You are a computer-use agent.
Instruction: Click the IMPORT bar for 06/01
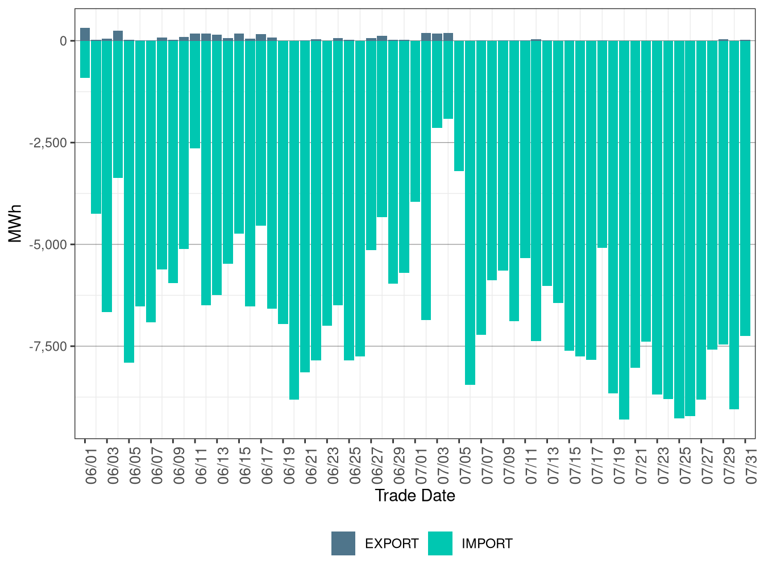(x=85, y=59)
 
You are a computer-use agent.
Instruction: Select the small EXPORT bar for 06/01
(x=85, y=34)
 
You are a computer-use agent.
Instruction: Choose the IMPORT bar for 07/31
(x=745, y=188)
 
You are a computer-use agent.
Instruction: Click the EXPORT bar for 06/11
(x=195, y=37)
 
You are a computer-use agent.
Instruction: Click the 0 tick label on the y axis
(x=63, y=41)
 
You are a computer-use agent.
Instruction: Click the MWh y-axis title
(x=15, y=223)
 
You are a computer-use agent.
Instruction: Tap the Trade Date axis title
(x=415, y=496)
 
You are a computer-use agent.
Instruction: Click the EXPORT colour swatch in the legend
(x=343, y=543)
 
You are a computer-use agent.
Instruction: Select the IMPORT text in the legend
(x=487, y=544)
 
